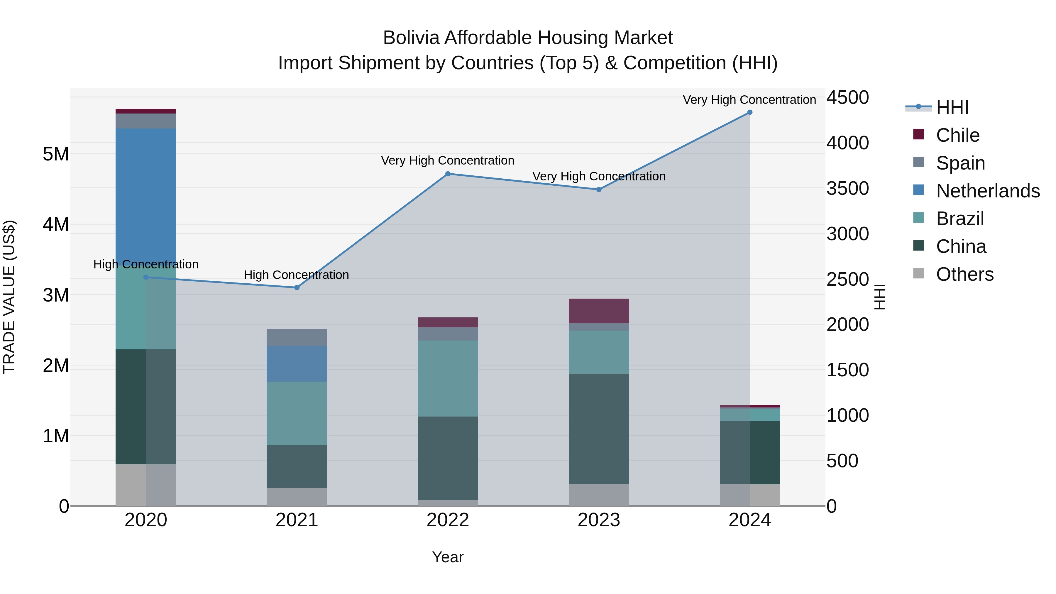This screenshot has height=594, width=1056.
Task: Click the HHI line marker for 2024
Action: tap(750, 112)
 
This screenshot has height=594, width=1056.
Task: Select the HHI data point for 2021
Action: tap(297, 288)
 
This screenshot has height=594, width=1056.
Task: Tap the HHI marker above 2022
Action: tap(448, 174)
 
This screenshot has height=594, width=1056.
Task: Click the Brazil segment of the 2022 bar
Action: tap(448, 378)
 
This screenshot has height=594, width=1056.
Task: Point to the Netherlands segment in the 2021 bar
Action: tap(297, 364)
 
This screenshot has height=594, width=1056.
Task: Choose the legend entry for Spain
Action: tap(960, 163)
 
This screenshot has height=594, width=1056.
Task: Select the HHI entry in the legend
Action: tap(952, 107)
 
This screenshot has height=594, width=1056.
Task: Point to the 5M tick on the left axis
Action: tap(56, 155)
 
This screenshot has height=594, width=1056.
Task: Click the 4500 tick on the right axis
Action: tap(847, 98)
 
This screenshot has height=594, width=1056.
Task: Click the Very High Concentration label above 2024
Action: tap(749, 100)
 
